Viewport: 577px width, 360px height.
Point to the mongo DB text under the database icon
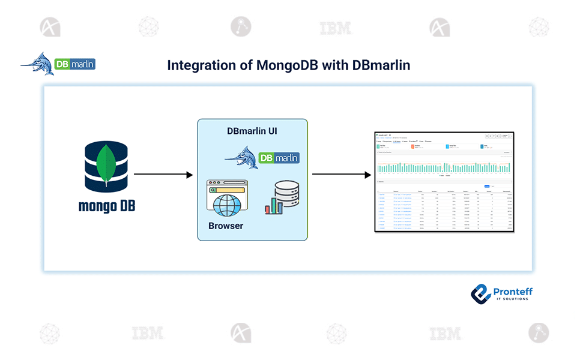107,206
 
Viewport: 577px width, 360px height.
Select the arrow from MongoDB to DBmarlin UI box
163,175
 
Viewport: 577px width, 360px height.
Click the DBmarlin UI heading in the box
252,131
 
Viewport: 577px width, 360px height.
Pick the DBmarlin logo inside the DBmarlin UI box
262,158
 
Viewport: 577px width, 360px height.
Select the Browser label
226,226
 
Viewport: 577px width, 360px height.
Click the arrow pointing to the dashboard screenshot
341,175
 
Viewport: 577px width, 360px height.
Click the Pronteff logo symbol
480,293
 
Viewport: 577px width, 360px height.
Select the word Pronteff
512,291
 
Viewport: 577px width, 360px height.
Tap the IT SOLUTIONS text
510,299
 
